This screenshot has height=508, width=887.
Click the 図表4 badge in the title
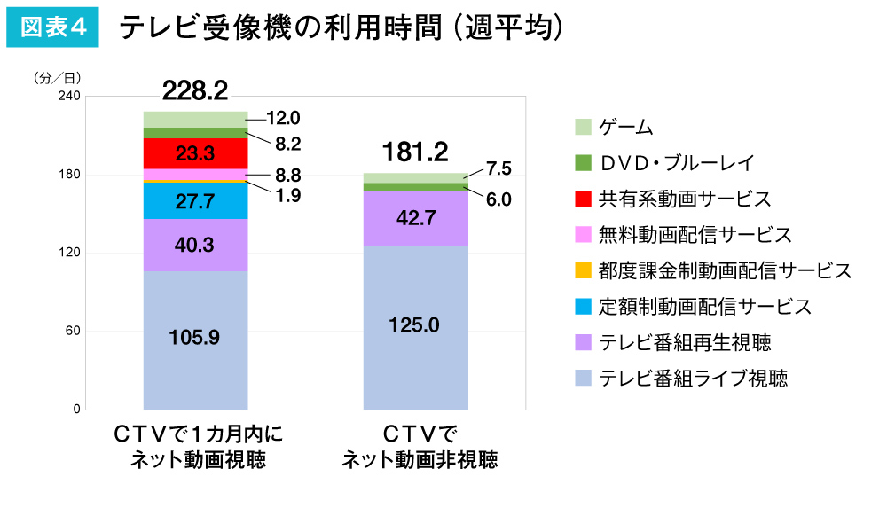[52, 27]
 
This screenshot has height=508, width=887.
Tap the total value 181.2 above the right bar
[414, 152]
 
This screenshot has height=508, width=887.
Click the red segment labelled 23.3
[195, 153]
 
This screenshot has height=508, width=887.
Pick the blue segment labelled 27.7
[195, 201]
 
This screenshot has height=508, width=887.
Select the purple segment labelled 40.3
[195, 245]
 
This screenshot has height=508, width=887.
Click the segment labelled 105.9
[195, 338]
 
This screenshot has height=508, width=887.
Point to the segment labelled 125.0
[414, 325]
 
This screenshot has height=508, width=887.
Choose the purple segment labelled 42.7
[414, 218]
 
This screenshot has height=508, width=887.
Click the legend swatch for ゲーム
[583, 127]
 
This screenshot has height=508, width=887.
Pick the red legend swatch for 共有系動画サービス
[583, 199]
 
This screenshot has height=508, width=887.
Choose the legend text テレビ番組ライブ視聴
[694, 379]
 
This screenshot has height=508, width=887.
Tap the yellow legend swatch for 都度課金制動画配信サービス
[583, 270]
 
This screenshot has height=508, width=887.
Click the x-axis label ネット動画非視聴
[420, 460]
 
